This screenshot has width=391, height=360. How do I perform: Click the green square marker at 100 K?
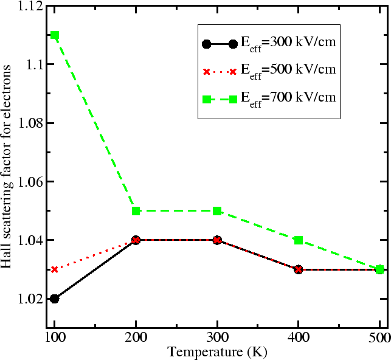55,35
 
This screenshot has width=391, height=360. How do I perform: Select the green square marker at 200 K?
136,211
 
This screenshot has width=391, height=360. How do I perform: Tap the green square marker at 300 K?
217,211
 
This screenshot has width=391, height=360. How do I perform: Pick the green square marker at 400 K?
298,240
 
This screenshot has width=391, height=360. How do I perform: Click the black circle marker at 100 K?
55,299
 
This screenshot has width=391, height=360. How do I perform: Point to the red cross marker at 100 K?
55,269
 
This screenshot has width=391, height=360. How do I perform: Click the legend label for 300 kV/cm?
288,44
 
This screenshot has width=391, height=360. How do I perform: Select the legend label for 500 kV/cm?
288,71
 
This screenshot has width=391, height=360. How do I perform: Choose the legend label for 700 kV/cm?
288,97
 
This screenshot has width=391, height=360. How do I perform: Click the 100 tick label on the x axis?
55,338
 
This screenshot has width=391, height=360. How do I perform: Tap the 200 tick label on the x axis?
136,338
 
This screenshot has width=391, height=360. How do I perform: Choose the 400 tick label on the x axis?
298,338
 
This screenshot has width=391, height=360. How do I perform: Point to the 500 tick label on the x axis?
378,338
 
